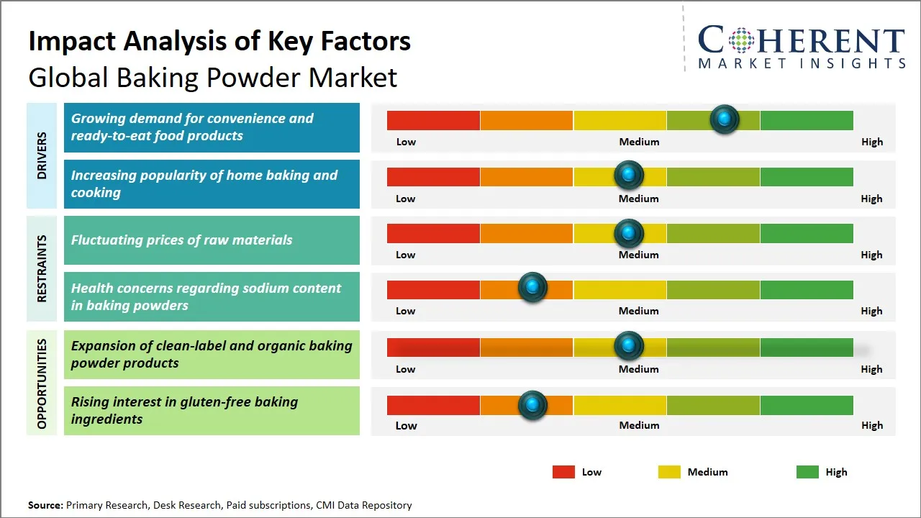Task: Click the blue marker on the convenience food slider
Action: pos(725,119)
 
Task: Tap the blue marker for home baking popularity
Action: pos(629,175)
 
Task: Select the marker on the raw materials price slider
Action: pos(629,232)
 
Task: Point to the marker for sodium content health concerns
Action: pos(532,288)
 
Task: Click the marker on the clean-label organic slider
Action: pos(629,346)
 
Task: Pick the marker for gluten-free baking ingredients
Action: pos(532,404)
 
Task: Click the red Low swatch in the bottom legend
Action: pos(563,472)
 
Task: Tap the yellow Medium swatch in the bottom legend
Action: pos(669,472)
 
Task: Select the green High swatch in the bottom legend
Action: pos(807,472)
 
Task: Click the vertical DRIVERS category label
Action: pos(41,155)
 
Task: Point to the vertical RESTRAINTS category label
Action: pos(41,268)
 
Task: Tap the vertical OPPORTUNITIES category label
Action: pos(41,383)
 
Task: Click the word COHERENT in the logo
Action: pos(802,40)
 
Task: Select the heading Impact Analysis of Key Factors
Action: pos(219,41)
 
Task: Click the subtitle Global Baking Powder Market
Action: pos(212,77)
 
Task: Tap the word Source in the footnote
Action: pos(45,505)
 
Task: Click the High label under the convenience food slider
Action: pos(871,142)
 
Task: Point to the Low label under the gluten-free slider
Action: pos(406,425)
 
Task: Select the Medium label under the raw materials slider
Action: pos(639,255)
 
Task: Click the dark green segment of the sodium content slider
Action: pos(806,289)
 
